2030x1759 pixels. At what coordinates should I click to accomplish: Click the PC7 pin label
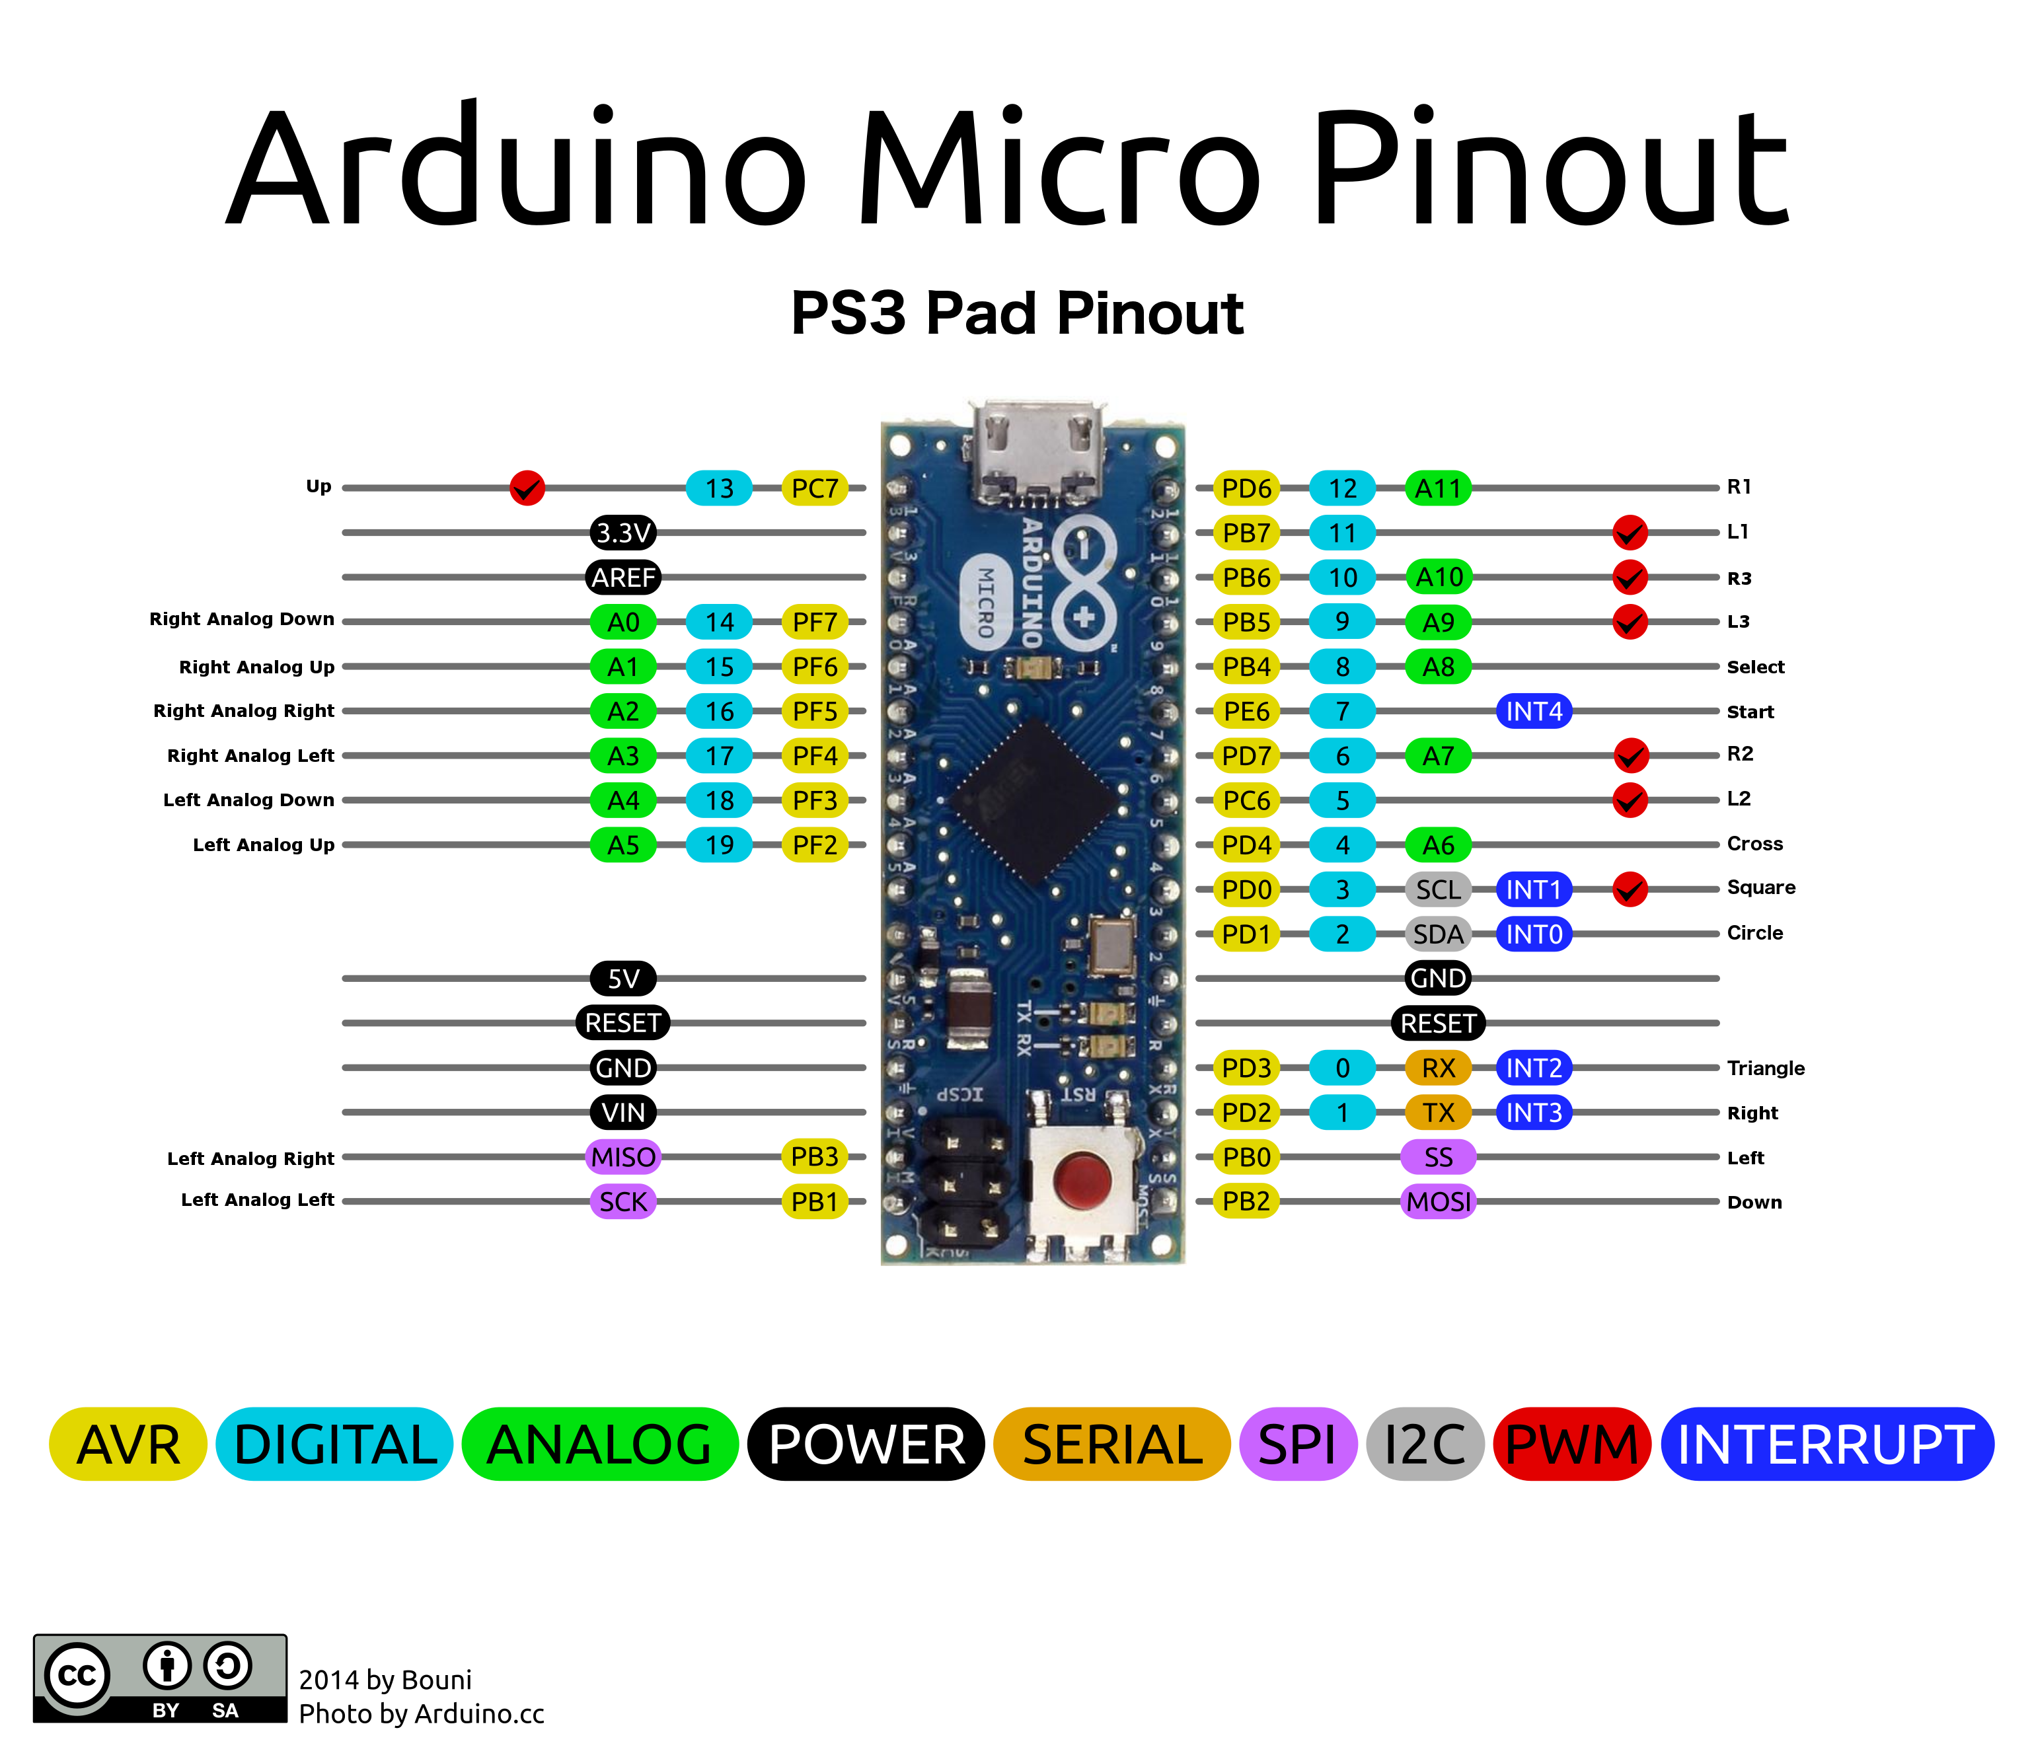[813, 488]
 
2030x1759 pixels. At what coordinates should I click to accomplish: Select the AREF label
[623, 577]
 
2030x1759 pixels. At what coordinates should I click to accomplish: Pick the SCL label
[1438, 889]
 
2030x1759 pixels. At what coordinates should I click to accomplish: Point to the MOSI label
[1438, 1201]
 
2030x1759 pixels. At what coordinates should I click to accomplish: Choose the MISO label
[623, 1157]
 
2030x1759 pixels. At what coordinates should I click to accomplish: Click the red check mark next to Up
[527, 488]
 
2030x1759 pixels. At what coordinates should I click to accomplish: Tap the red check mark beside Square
[1630, 889]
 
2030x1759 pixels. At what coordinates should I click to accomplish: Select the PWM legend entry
[1571, 1444]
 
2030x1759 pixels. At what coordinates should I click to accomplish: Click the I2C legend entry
[1423, 1444]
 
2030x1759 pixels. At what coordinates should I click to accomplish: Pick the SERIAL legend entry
[1111, 1444]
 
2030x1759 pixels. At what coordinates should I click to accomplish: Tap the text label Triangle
[1765, 1068]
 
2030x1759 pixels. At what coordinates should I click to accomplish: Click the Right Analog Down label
[241, 619]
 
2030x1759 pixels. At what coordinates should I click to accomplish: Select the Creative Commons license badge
[160, 1678]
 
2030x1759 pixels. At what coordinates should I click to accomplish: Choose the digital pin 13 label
[718, 488]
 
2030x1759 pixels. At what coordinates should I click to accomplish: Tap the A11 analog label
[1438, 488]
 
